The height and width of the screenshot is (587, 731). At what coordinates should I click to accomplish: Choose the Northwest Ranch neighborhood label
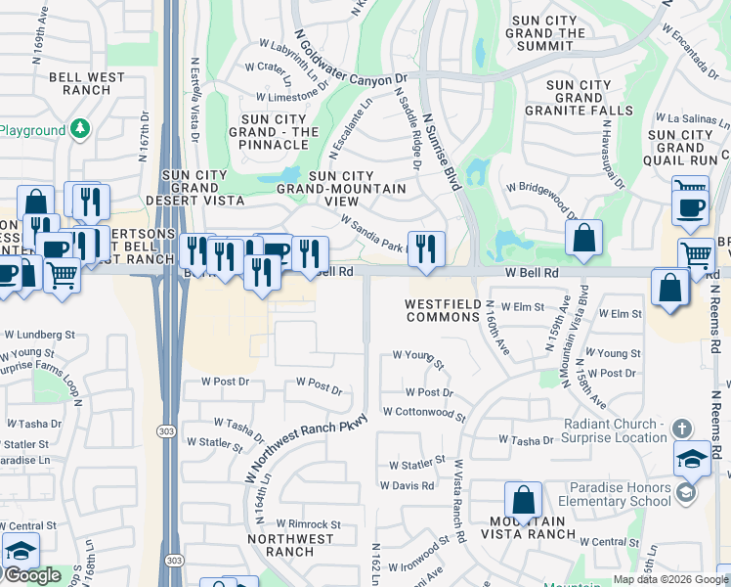(290, 545)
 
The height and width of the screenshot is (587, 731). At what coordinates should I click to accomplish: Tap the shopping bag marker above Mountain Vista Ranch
(524, 499)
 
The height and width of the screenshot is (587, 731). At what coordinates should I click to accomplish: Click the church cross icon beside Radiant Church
(682, 429)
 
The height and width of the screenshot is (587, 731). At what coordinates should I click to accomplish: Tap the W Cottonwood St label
(424, 413)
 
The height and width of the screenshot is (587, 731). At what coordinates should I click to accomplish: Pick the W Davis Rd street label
(407, 485)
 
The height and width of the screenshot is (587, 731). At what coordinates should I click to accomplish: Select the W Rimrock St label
(308, 524)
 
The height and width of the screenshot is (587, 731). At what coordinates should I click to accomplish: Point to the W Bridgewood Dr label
(540, 194)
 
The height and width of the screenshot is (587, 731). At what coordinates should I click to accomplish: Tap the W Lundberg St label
(39, 334)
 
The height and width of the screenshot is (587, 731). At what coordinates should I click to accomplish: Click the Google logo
(31, 575)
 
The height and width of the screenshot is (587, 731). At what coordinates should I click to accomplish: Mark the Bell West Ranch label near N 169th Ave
(93, 83)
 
